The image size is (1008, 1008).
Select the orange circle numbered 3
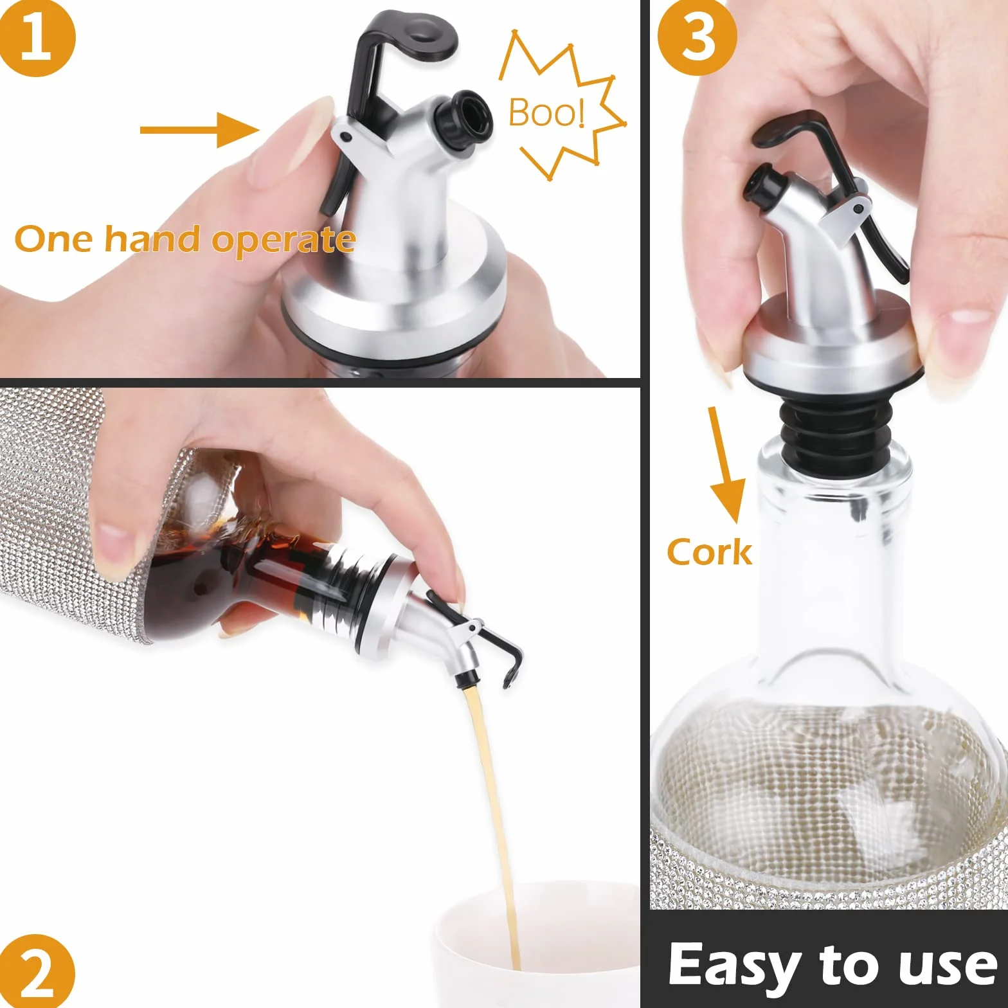coord(697,37)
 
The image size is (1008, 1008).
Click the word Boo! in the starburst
coord(547,113)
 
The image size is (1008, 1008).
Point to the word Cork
coord(709,552)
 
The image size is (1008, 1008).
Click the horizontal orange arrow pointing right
coord(200,130)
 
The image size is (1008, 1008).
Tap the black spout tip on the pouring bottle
coord(467,678)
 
